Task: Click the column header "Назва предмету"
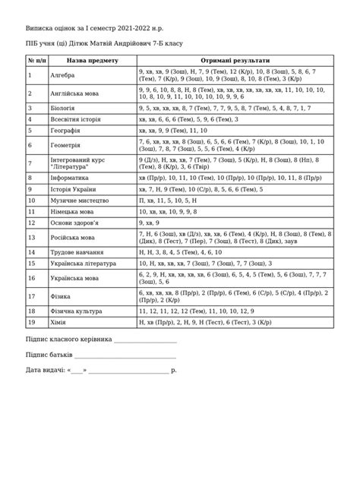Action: (92, 60)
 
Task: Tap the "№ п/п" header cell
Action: (36, 60)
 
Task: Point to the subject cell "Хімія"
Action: (58, 321)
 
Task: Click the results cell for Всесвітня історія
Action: (188, 119)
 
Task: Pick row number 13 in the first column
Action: (31, 237)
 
